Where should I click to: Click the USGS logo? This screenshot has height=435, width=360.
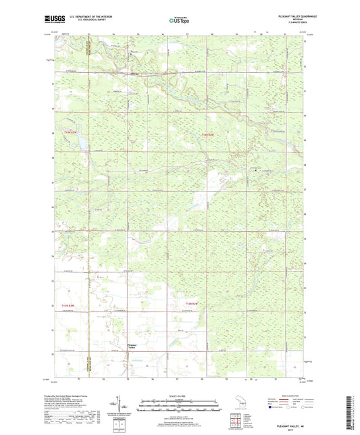click(x=54, y=19)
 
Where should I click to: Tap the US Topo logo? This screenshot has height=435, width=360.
click(x=178, y=20)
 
